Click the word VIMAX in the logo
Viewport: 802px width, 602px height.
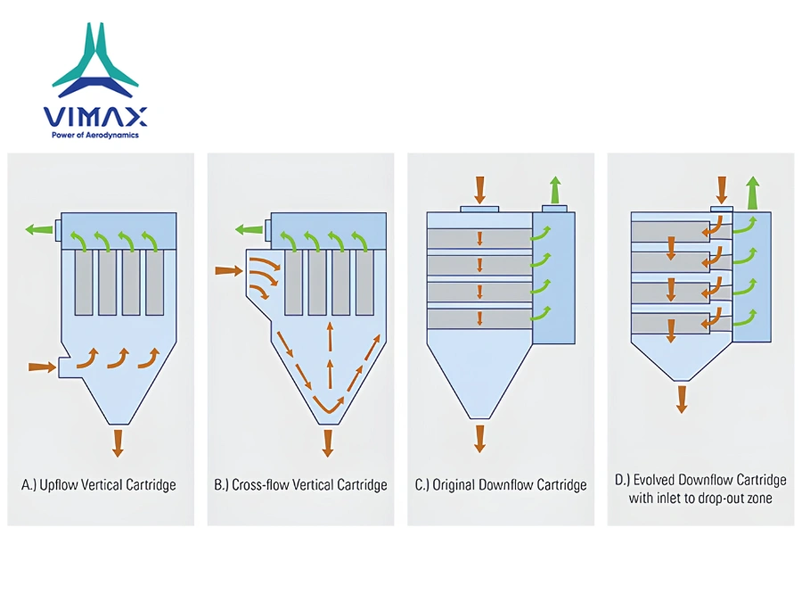pos(95,117)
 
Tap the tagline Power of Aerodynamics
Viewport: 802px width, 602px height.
pos(95,136)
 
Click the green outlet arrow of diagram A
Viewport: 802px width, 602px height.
pos(39,229)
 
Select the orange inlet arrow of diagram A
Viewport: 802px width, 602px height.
pos(42,367)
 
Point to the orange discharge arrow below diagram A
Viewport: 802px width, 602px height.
pos(119,443)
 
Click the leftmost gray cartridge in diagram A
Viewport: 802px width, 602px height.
pos(84,283)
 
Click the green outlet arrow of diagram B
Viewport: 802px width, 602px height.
pos(250,229)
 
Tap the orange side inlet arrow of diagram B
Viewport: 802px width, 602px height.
pos(229,270)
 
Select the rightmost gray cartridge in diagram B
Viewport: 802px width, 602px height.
pos(364,283)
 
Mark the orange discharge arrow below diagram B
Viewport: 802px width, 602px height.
pos(328,443)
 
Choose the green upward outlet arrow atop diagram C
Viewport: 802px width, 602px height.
pos(555,191)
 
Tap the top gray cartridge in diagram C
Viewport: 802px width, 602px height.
pos(479,238)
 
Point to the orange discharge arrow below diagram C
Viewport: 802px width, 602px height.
pos(479,439)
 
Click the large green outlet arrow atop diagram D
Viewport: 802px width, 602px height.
pos(752,193)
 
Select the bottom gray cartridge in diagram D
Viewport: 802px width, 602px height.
pos(670,324)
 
